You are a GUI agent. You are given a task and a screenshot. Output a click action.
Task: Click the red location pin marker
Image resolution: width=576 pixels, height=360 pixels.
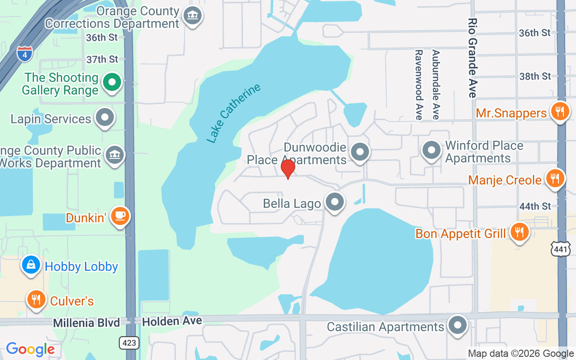click(x=288, y=168)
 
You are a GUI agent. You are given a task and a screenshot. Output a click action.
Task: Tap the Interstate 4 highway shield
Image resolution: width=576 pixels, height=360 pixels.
click(x=24, y=54)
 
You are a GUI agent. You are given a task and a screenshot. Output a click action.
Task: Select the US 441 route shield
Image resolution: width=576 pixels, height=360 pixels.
click(x=561, y=248)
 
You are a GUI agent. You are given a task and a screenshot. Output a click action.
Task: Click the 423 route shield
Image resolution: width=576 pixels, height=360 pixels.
click(x=129, y=343)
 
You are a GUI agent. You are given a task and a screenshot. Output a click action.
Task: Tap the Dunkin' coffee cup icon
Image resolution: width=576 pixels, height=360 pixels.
click(x=120, y=216)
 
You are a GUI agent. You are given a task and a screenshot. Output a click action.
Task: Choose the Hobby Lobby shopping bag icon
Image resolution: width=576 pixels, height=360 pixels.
click(x=31, y=265)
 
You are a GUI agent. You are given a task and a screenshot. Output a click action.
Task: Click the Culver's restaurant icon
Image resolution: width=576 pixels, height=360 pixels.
click(x=36, y=299)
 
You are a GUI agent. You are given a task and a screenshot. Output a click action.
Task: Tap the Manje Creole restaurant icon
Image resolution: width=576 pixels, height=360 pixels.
click(x=555, y=178)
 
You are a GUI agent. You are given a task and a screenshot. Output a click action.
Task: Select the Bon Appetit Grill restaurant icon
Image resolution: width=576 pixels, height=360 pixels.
click(x=520, y=232)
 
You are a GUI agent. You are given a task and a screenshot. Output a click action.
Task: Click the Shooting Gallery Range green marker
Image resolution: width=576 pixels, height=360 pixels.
click(x=112, y=82)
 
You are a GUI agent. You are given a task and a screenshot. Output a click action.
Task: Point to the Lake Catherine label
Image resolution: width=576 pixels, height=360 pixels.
click(x=234, y=113)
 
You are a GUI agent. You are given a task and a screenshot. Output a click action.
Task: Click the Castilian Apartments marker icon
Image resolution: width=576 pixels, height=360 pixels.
click(x=458, y=324)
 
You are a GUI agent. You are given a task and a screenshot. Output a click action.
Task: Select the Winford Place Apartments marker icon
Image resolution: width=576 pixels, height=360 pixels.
click(x=432, y=150)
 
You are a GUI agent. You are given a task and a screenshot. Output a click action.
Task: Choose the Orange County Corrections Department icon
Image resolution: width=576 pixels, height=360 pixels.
click(x=193, y=16)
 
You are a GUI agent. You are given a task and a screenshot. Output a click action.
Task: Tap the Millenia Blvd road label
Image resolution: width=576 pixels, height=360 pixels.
click(x=86, y=323)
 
